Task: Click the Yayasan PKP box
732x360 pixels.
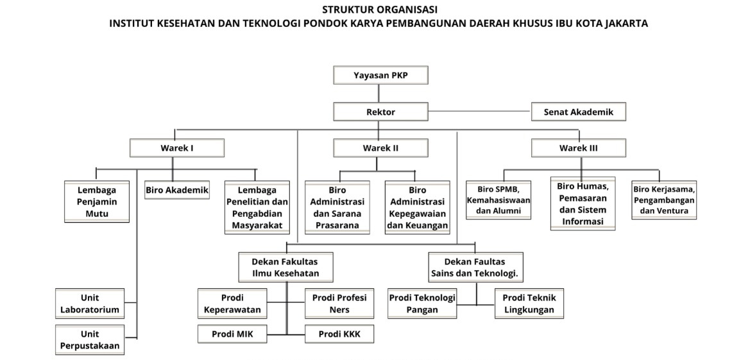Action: tap(380, 75)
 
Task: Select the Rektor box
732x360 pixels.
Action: tap(380, 112)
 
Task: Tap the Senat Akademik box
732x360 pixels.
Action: tap(578, 112)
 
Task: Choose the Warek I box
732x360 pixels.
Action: tap(177, 148)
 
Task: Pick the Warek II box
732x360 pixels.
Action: tap(380, 148)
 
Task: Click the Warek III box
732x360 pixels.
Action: tap(578, 148)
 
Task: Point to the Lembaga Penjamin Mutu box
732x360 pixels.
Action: tap(97, 201)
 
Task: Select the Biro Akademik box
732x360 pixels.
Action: tap(177, 190)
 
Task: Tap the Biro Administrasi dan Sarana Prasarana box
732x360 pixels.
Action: tap(337, 207)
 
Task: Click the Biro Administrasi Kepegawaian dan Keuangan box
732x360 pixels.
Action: tap(417, 207)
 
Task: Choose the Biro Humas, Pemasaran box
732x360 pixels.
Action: tap(583, 203)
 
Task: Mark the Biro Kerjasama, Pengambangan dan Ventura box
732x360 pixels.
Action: tap(664, 200)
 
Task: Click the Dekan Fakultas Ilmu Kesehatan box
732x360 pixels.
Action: tap(284, 267)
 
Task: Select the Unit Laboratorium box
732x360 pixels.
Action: tap(90, 304)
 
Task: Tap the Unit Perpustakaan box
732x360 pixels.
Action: tap(90, 340)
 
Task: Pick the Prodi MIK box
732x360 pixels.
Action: tap(232, 334)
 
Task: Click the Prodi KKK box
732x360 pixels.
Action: tap(339, 334)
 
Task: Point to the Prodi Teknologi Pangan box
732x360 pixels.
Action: tap(422, 304)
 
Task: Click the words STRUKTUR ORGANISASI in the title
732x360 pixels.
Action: tap(380, 10)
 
